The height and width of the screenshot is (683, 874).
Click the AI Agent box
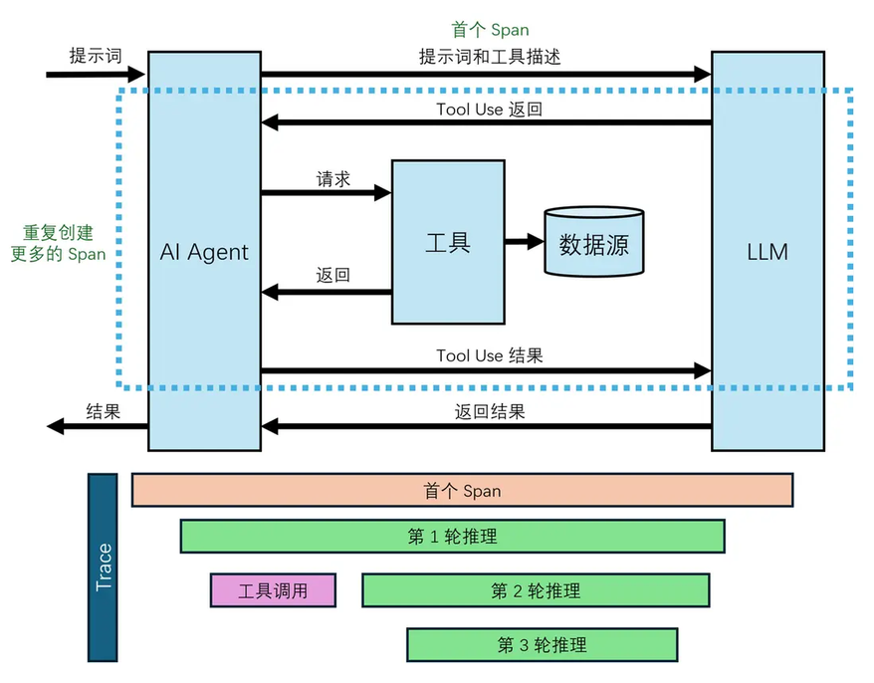[204, 251]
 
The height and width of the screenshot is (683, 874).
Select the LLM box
[767, 251]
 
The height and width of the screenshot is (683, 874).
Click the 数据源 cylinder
[593, 242]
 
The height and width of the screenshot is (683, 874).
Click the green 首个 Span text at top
[490, 30]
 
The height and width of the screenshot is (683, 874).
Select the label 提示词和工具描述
[490, 57]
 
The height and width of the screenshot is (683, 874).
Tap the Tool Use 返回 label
[489, 109]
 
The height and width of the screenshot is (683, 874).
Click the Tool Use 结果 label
[489, 355]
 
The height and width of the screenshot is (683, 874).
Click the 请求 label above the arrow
[333, 179]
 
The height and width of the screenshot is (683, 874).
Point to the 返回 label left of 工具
[333, 276]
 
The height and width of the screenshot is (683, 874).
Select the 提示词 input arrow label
[96, 56]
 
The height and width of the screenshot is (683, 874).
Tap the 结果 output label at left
[104, 410]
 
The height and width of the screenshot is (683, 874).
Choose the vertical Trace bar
[104, 568]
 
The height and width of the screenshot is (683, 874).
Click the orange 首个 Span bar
[462, 490]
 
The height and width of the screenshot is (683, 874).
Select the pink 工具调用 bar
[273, 590]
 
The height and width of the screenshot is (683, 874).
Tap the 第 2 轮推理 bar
[536, 590]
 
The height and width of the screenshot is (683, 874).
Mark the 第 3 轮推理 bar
[542, 644]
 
